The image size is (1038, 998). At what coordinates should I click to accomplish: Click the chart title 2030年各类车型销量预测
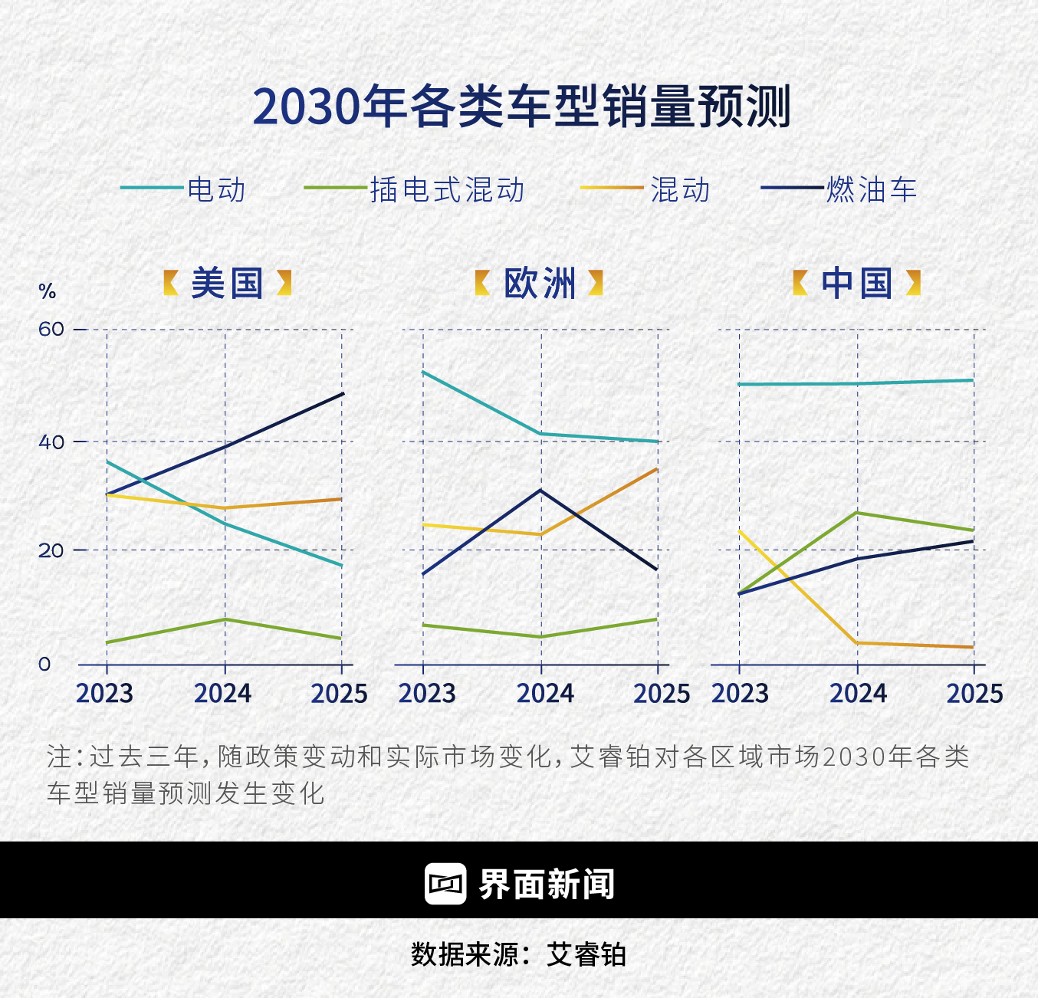point(521,107)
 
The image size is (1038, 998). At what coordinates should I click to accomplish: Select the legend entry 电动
point(216,189)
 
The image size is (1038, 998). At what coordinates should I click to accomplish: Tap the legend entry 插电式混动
point(447,189)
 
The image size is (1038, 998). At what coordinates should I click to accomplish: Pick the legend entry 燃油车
point(871,189)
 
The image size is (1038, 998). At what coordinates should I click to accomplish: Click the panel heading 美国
point(227,284)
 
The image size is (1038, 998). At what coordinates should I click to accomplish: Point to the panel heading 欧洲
point(540,284)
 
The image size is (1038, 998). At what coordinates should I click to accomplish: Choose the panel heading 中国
point(856,284)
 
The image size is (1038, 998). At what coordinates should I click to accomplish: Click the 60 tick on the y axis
point(51,330)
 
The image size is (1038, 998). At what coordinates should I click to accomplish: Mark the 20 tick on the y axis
point(51,550)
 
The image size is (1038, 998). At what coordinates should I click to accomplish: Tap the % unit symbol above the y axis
point(48,292)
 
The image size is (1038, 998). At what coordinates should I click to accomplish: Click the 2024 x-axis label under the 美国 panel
point(222,694)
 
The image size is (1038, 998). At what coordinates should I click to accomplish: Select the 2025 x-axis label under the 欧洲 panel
point(661,694)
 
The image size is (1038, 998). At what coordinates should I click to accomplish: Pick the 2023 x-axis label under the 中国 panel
point(740,694)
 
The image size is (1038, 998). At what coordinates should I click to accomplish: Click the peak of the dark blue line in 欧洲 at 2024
point(541,490)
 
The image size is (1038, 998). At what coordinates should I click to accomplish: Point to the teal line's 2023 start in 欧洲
point(423,372)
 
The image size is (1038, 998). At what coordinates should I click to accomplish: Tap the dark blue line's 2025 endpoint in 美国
point(343,394)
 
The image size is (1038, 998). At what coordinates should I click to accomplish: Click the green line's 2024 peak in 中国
point(857,513)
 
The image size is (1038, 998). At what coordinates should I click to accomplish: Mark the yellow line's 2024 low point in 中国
point(857,643)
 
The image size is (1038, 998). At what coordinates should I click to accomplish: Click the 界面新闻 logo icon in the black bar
point(445,884)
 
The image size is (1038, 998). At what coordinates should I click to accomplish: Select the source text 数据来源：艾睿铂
point(519,955)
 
